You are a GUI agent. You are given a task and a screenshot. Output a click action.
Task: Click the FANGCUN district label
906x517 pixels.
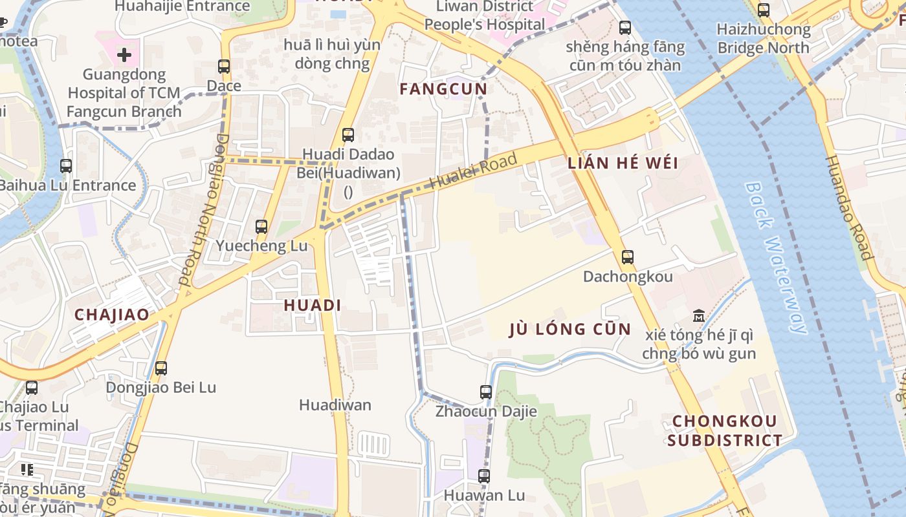(443, 89)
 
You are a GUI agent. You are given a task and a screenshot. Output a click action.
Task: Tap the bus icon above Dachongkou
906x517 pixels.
(627, 257)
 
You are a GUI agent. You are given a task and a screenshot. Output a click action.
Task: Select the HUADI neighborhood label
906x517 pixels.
(313, 305)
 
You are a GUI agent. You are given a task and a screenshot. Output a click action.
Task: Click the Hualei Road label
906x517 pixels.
(474, 171)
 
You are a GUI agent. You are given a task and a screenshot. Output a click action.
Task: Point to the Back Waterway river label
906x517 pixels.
(775, 257)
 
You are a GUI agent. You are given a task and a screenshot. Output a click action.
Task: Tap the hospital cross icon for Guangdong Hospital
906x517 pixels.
(124, 55)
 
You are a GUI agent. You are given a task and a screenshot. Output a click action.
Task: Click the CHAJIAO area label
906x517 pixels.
(111, 315)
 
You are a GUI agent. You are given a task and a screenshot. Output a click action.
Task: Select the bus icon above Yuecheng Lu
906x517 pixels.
(261, 227)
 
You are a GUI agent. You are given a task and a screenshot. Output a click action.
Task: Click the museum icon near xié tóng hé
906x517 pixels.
(699, 316)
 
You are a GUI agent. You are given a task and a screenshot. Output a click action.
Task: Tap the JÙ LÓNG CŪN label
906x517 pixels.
(569, 329)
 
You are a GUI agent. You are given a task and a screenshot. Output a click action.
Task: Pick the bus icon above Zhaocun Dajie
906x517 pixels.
(486, 392)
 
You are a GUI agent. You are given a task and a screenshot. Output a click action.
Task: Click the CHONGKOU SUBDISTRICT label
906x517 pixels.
(725, 431)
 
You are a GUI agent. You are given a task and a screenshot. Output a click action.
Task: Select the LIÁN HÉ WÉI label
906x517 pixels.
(623, 163)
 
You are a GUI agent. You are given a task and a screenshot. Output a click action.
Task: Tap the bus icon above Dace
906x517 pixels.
(224, 67)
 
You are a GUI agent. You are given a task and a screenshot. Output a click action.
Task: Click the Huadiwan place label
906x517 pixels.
(335, 405)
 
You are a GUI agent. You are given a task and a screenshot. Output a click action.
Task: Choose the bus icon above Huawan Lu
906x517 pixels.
(484, 476)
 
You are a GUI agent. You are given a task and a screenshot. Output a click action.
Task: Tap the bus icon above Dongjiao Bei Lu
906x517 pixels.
(161, 368)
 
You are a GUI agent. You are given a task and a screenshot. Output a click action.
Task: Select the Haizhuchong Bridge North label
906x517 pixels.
(764, 38)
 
